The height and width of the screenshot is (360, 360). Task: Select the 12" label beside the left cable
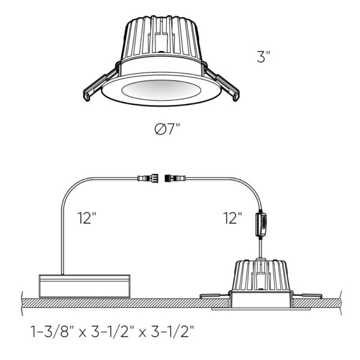[x=87, y=218]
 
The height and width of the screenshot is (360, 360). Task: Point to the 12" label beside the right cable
[x=232, y=218]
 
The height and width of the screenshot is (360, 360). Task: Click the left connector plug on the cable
[x=147, y=178]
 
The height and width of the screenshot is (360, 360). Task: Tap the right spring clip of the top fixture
[x=227, y=84]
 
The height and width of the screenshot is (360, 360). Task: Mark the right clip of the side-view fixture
[x=309, y=296]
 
